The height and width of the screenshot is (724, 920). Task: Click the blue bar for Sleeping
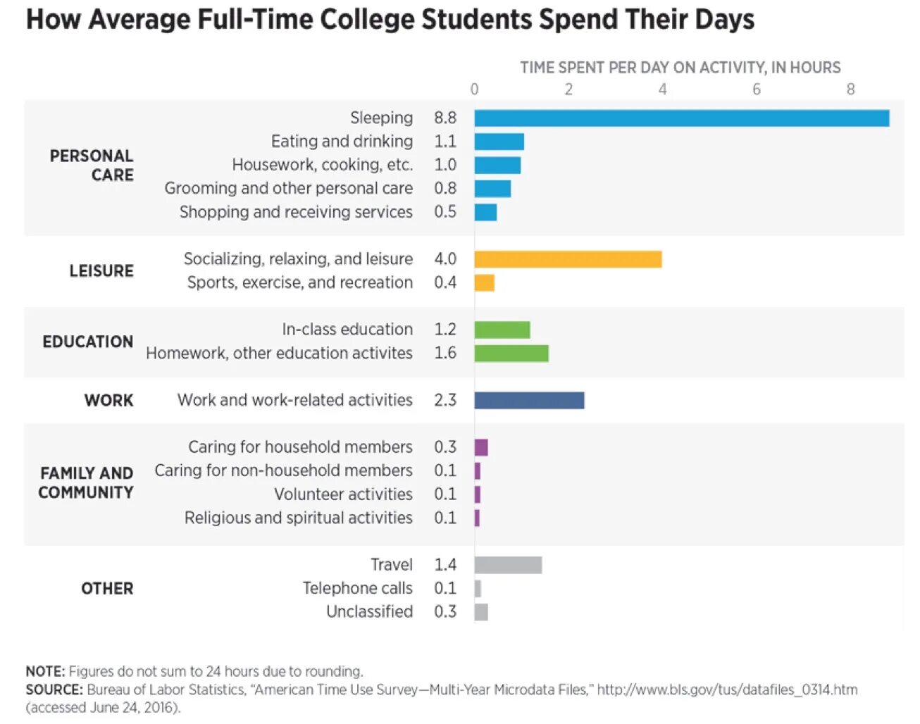click(x=681, y=118)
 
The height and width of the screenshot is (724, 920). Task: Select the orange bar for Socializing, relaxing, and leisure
click(x=568, y=259)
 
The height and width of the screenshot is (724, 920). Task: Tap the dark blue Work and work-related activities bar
click(x=529, y=400)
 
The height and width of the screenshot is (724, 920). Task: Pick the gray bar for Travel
click(x=508, y=565)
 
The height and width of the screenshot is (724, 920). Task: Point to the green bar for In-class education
click(x=502, y=330)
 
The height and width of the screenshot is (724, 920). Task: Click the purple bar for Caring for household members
click(x=481, y=447)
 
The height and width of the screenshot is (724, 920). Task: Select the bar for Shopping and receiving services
click(x=485, y=212)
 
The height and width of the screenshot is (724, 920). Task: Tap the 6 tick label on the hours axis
click(x=757, y=89)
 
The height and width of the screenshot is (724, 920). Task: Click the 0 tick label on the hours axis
click(x=474, y=89)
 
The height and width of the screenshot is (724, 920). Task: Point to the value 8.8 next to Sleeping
click(x=445, y=118)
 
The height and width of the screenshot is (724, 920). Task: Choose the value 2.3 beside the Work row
click(x=445, y=400)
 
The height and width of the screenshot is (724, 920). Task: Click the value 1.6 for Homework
click(x=445, y=353)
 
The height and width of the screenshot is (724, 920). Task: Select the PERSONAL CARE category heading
click(x=92, y=166)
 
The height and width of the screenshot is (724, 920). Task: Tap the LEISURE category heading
click(x=101, y=271)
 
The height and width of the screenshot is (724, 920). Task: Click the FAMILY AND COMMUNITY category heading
click(x=86, y=483)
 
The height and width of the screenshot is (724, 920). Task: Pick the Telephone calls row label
click(x=358, y=588)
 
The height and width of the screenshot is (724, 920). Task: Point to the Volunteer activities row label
click(x=344, y=494)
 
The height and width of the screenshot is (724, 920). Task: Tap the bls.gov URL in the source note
click(x=727, y=689)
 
